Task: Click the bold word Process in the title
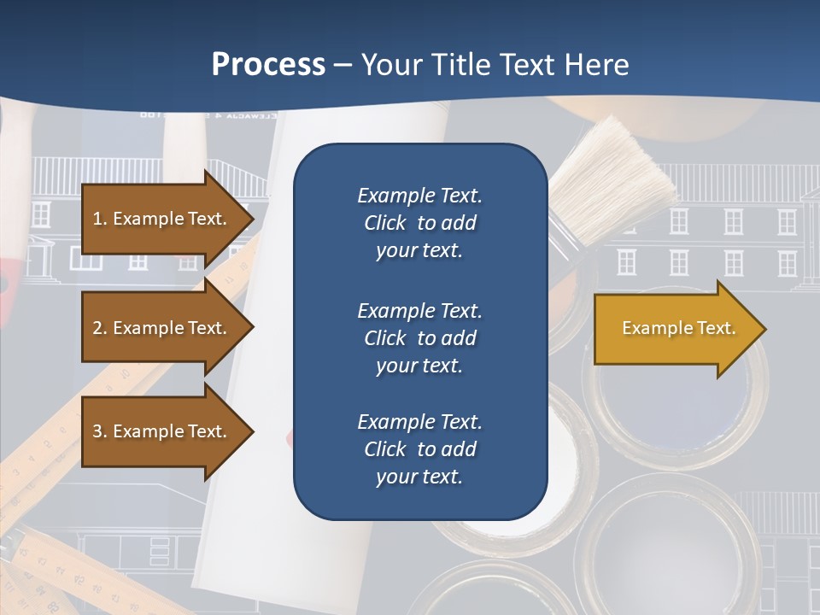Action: click(x=268, y=64)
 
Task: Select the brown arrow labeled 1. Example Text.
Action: click(x=162, y=219)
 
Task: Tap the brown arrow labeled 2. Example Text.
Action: click(x=162, y=328)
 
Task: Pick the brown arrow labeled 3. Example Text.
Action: click(x=162, y=431)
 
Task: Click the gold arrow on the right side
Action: click(x=675, y=329)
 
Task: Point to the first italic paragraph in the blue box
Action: click(x=419, y=223)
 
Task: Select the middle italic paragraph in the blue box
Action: click(x=419, y=337)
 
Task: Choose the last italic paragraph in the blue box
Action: click(x=419, y=448)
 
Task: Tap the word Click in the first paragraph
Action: click(x=385, y=223)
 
